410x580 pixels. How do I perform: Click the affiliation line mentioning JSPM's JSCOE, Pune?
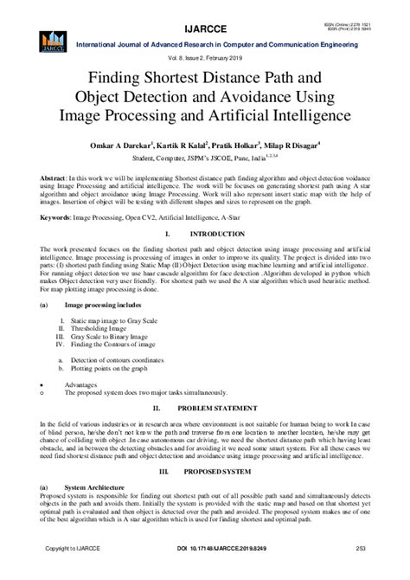205,159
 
